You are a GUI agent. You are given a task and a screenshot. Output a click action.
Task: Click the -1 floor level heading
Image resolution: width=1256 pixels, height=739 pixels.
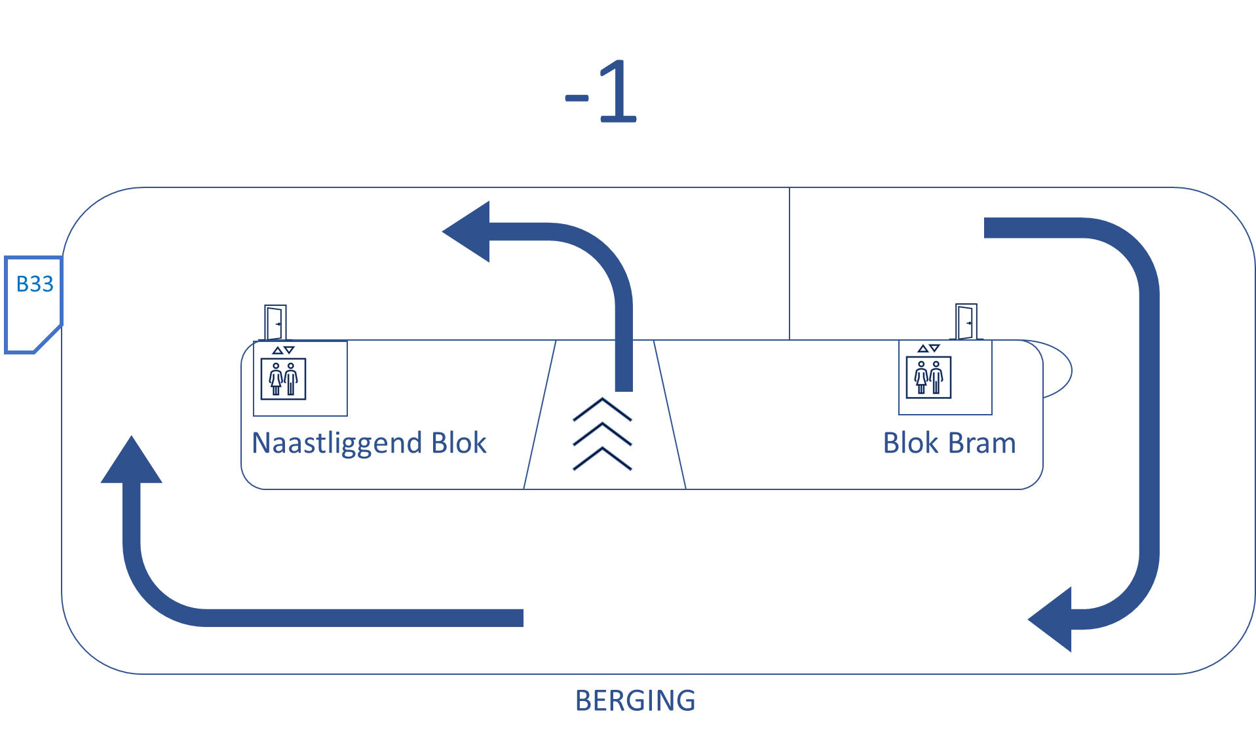(x=601, y=92)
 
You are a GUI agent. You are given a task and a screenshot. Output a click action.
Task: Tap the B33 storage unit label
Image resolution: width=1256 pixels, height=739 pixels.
(x=35, y=284)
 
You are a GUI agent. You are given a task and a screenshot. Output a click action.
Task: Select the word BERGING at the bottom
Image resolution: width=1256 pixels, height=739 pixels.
(x=635, y=700)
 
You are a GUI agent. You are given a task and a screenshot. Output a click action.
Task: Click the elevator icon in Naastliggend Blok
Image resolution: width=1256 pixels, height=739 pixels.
(x=283, y=379)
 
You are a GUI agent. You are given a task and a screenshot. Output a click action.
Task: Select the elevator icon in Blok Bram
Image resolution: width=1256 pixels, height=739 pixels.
(x=928, y=377)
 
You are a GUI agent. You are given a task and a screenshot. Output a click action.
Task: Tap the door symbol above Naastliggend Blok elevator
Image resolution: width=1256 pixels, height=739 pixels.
(x=275, y=322)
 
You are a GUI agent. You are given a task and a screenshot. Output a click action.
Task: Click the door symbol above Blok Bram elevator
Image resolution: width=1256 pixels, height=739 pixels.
(x=966, y=321)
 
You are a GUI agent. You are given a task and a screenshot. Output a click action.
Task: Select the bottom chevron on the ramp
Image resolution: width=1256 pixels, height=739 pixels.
(x=602, y=459)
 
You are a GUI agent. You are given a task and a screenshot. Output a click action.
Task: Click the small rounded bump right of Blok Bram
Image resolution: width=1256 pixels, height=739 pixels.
(x=1058, y=369)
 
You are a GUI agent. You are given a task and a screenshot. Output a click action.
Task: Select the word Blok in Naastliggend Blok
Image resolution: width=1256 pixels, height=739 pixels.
(x=459, y=444)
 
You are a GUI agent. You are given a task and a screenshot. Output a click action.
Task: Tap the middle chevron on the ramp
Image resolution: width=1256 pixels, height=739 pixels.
(x=602, y=434)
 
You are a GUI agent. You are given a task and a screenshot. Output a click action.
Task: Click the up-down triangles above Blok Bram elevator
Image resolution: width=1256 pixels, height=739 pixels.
(x=928, y=348)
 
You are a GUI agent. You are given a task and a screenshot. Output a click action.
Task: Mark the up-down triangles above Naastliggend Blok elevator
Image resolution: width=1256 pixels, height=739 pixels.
(x=283, y=350)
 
